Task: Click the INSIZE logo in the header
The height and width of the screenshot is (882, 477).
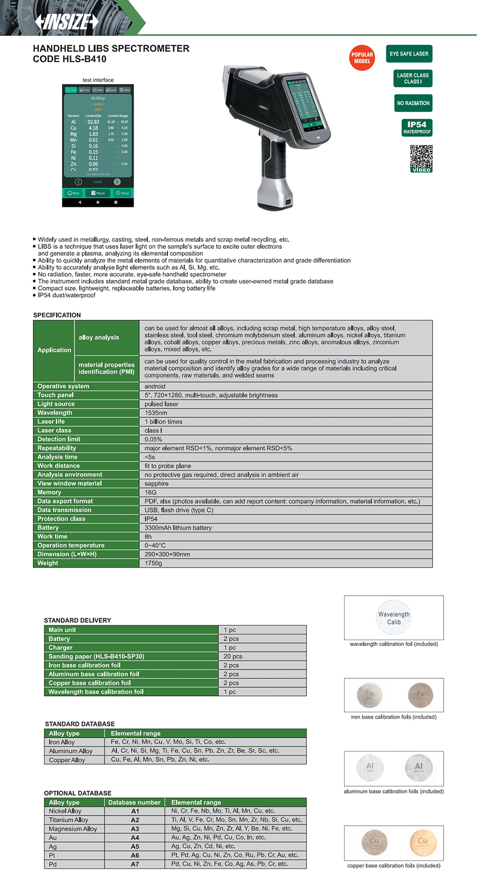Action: pyautogui.click(x=67, y=22)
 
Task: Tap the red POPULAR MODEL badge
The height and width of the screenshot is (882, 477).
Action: pyautogui.click(x=362, y=58)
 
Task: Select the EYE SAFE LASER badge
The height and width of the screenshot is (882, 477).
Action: pyautogui.click(x=409, y=54)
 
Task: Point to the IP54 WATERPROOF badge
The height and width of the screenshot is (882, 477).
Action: pyautogui.click(x=417, y=128)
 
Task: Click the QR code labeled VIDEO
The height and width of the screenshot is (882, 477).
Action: pyautogui.click(x=421, y=159)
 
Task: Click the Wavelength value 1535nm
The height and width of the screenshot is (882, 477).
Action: pyautogui.click(x=156, y=413)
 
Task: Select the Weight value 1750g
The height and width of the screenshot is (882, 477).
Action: pyautogui.click(x=154, y=563)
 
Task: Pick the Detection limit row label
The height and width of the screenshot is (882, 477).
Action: pyautogui.click(x=59, y=439)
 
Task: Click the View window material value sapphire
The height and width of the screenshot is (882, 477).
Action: pyautogui.click(x=156, y=484)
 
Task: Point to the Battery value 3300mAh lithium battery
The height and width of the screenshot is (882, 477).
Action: pyautogui.click(x=178, y=528)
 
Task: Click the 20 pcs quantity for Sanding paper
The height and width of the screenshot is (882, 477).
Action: pyautogui.click(x=233, y=657)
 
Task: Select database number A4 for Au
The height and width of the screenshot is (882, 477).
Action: pyautogui.click(x=135, y=838)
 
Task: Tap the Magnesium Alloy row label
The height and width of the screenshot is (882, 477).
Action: pyautogui.click(x=73, y=829)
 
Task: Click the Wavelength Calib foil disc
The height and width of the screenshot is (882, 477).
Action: pyautogui.click(x=394, y=617)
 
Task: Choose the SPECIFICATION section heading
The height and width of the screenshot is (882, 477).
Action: pyautogui.click(x=57, y=315)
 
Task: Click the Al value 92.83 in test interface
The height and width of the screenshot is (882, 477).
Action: pyautogui.click(x=93, y=122)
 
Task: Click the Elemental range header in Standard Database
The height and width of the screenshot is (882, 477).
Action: pyautogui.click(x=136, y=733)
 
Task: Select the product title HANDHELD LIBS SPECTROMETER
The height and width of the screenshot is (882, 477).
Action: pyautogui.click(x=111, y=48)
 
